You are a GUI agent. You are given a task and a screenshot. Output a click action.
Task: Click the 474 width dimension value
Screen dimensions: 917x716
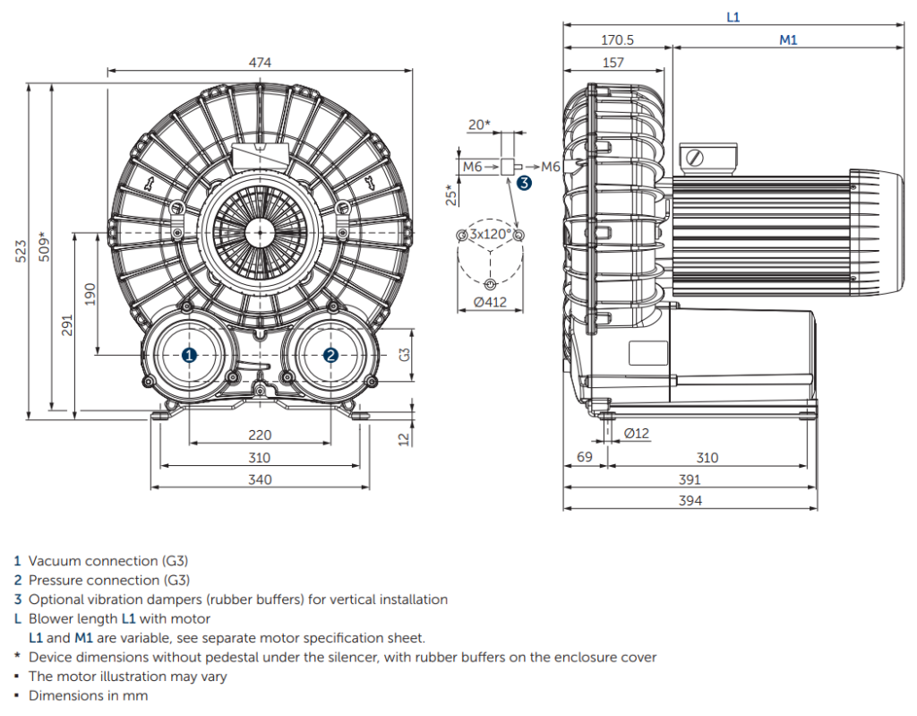[x=260, y=63]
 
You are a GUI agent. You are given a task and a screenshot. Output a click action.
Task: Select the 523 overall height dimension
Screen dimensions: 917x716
[x=21, y=251]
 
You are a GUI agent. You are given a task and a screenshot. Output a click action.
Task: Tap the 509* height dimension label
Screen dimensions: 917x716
[x=45, y=247]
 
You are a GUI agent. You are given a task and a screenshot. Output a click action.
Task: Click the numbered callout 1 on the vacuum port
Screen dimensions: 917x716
[x=189, y=355]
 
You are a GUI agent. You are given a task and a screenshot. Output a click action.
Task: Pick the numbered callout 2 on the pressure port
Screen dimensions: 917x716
[x=330, y=355]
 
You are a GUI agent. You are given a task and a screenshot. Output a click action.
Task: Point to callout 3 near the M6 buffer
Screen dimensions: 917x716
[x=524, y=183]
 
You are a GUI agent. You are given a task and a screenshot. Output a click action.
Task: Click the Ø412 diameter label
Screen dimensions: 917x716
[x=490, y=302]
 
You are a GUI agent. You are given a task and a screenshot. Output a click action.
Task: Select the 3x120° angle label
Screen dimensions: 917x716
[x=490, y=234]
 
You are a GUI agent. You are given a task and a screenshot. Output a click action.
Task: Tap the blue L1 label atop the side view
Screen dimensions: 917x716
[x=733, y=17]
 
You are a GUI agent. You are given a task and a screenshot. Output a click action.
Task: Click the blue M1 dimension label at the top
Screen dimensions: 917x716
[x=788, y=39]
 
